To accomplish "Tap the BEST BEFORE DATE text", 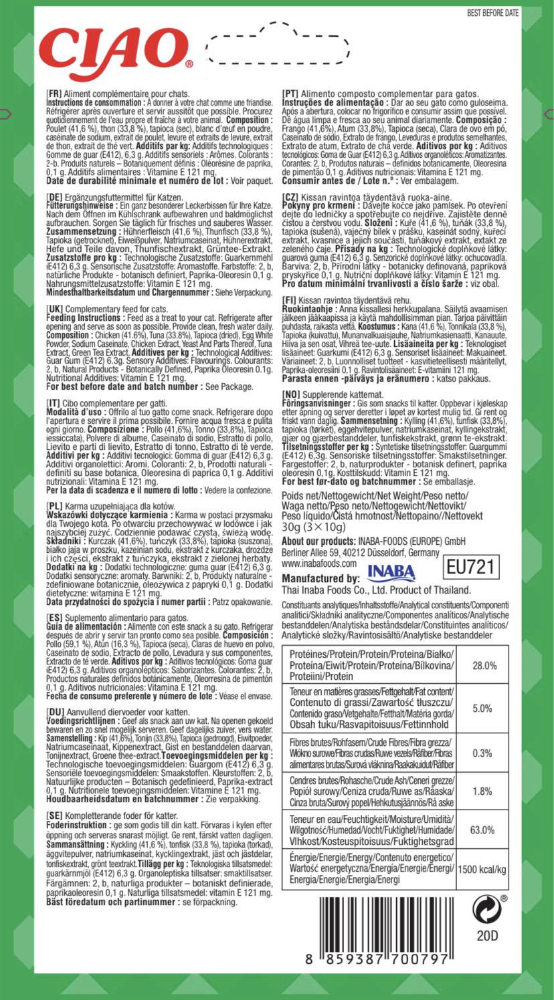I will (493, 13).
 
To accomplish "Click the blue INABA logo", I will (391, 572).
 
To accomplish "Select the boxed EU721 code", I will (472, 568).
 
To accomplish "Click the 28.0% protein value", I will (484, 666).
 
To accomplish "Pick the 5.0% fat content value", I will (482, 708).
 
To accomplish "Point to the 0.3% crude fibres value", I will (482, 753).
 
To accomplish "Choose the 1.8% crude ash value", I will (482, 791).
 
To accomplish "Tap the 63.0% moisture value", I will (482, 830).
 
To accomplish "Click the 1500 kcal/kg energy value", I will (482, 869).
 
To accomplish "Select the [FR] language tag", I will (54, 94).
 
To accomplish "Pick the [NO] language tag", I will (290, 395).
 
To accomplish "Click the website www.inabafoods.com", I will (319, 564).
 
